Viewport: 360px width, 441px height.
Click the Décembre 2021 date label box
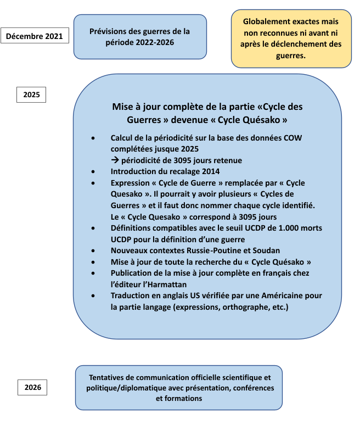[x=34, y=37]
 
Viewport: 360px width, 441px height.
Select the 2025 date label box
[x=31, y=94]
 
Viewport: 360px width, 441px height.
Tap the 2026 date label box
[x=32, y=387]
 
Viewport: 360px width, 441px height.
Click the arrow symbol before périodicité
[x=115, y=160]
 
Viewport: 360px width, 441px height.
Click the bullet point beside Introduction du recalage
[x=95, y=171]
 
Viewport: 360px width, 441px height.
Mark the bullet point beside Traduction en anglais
[x=95, y=295]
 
